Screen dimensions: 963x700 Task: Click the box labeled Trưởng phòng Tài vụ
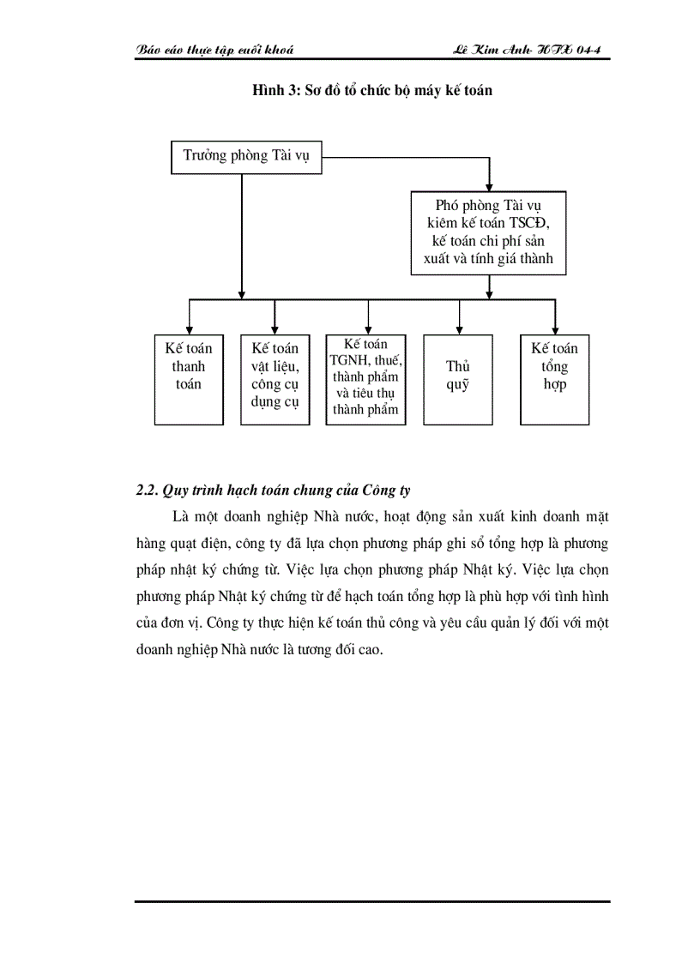click(x=245, y=157)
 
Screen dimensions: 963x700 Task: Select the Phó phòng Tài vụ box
click(x=488, y=232)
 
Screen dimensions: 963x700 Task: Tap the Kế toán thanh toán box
click(x=189, y=378)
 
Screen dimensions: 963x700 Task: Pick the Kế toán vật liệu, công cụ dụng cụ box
click(x=275, y=378)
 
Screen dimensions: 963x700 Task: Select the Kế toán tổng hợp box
click(x=554, y=378)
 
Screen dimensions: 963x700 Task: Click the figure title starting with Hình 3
click(x=371, y=90)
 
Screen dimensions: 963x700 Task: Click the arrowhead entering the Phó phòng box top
click(x=489, y=185)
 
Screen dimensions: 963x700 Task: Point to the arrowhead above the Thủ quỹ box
click(x=460, y=328)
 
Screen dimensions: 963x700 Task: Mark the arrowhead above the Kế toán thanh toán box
click(x=189, y=328)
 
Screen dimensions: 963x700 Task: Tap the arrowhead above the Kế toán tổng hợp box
click(x=555, y=328)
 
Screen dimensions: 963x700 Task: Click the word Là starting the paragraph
click(x=179, y=517)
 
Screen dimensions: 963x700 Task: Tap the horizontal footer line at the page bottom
click(x=372, y=901)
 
